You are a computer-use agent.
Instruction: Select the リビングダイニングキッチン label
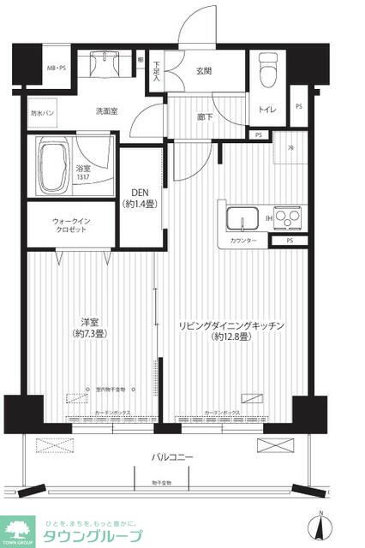point(230,331)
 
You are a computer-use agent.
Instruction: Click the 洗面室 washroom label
point(107,110)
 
